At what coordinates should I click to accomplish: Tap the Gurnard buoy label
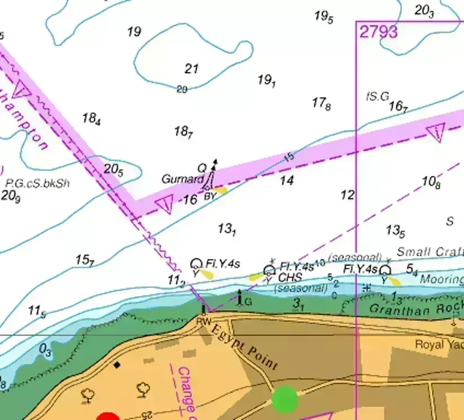182,179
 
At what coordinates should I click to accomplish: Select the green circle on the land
285,399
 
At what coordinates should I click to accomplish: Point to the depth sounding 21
192,69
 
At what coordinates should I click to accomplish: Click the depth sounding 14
287,181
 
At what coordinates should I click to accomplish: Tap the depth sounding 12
348,195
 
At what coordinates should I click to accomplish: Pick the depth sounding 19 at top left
134,32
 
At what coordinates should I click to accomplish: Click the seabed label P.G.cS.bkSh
37,183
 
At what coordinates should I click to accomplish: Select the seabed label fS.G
377,96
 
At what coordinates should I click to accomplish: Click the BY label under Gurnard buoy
210,196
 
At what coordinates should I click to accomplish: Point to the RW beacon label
203,320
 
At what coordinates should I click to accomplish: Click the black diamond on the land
117,365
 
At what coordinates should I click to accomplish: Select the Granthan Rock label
416,309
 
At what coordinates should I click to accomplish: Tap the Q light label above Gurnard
201,168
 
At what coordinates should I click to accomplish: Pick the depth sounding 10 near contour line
320,263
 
